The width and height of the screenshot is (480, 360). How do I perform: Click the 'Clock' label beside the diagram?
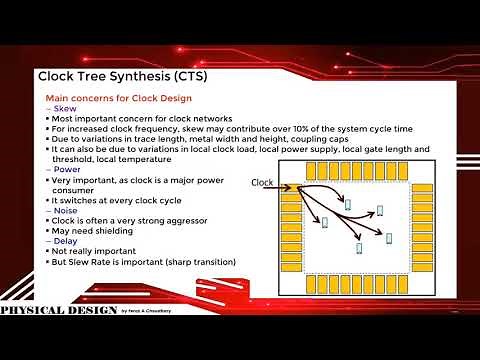(262, 182)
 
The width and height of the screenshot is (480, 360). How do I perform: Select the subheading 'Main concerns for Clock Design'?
(119, 98)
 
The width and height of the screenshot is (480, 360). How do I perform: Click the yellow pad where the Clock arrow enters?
(292, 187)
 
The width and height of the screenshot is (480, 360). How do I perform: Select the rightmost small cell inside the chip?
(380, 211)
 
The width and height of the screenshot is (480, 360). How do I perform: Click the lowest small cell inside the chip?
(357, 246)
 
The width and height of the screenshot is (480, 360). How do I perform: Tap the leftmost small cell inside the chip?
(324, 221)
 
